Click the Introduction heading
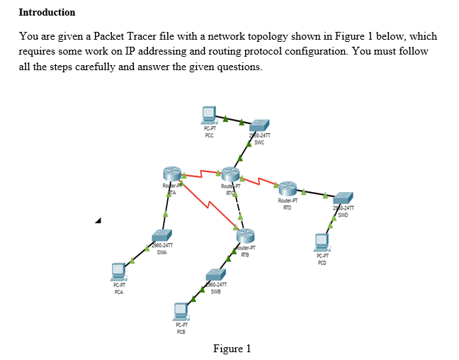click(47, 12)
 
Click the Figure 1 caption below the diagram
click(232, 348)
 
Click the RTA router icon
click(171, 174)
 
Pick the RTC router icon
click(231, 174)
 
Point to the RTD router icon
click(288, 189)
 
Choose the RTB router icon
click(244, 237)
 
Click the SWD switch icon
click(344, 198)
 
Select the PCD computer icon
click(322, 243)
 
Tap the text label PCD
click(322, 262)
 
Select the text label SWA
click(162, 252)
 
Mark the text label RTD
click(287, 207)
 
